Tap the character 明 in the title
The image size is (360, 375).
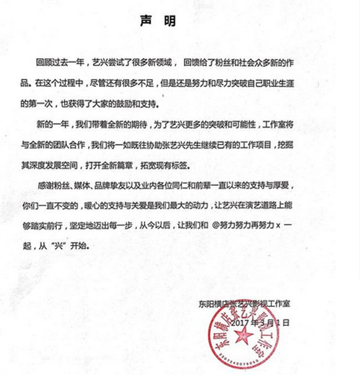tap(170, 21)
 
